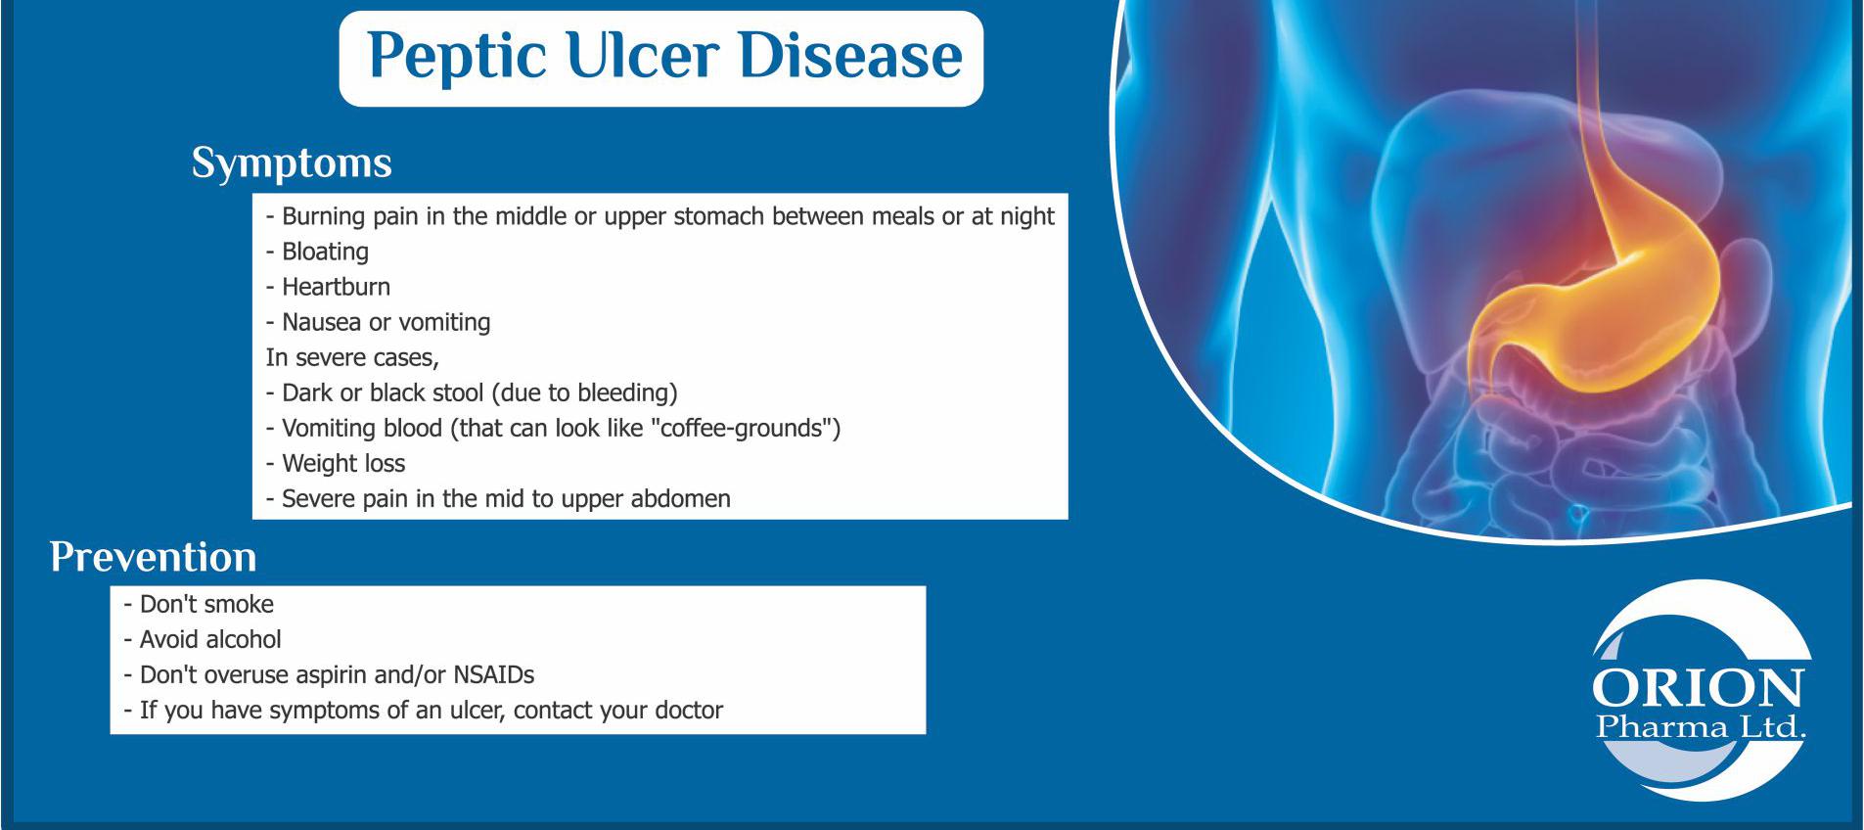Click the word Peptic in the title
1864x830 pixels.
[x=457, y=58]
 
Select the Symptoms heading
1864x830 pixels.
[x=292, y=163]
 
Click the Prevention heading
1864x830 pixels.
[x=154, y=557]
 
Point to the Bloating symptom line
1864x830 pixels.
[x=317, y=252]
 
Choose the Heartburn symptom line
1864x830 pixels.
[x=328, y=287]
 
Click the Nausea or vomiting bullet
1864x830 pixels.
[x=378, y=322]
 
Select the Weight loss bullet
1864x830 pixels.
[x=335, y=463]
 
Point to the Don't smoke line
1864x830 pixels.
[x=199, y=604]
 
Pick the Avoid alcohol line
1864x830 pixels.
[x=203, y=639]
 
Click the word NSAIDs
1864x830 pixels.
[x=493, y=674]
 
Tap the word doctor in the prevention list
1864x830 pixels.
[x=689, y=710]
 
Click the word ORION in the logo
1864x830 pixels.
[x=1698, y=688]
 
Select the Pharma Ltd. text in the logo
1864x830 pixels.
[x=1701, y=727]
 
